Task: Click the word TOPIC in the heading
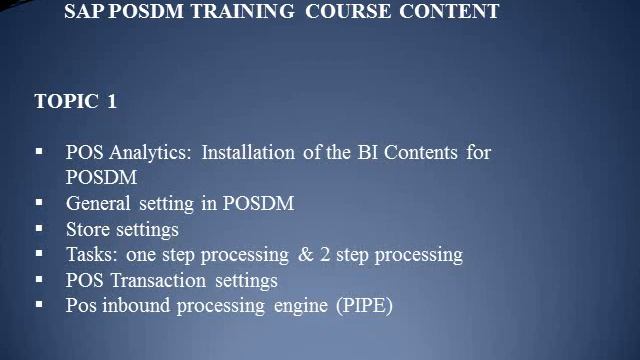coord(66,102)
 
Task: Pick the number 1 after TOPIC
coord(112,102)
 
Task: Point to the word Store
coord(89,229)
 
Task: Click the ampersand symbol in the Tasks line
coord(306,254)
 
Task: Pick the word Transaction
coord(153,280)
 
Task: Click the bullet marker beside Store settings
coord(39,228)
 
